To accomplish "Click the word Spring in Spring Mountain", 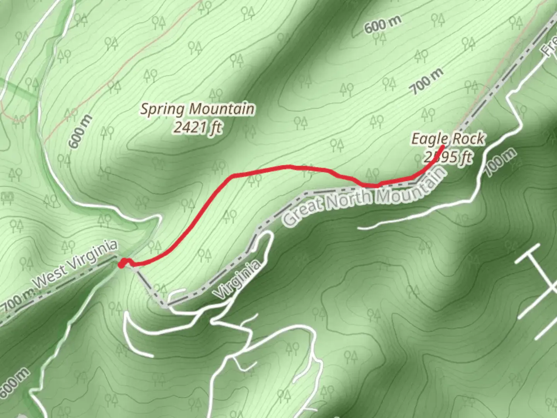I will tap(161, 109).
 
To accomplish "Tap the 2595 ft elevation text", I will tap(448, 157).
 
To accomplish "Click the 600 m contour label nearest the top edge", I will tap(382, 25).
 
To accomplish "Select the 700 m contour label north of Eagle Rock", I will tap(427, 81).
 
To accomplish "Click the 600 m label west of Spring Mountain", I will tap(80, 132).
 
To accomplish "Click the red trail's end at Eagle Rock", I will tap(443, 146).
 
